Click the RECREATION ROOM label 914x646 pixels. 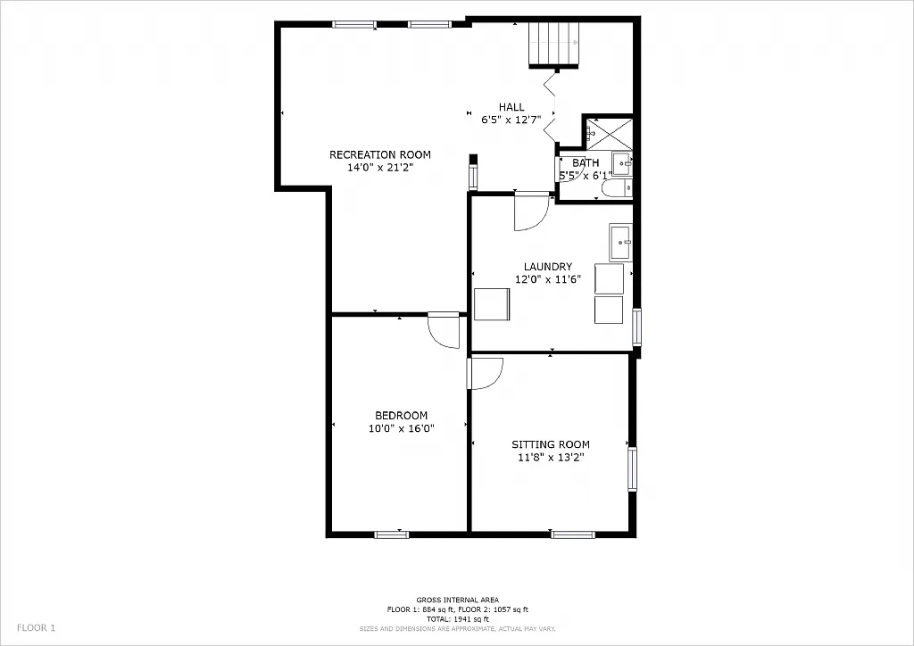pos(380,155)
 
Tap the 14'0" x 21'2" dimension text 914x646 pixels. pos(380,167)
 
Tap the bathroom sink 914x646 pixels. pos(622,163)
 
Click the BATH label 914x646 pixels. pos(586,163)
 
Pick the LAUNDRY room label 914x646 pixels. pos(548,267)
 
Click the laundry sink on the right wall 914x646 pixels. pos(621,241)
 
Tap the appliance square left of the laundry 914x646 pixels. pos(492,304)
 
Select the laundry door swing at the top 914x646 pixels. pos(530,211)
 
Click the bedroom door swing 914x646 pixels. pos(443,329)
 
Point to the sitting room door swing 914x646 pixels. pos(486,373)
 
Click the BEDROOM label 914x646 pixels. pos(401,416)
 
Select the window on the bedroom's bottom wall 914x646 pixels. pos(392,534)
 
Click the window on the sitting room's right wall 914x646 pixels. pos(632,469)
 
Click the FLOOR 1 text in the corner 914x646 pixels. pos(36,628)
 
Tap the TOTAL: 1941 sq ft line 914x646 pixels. pos(457,619)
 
